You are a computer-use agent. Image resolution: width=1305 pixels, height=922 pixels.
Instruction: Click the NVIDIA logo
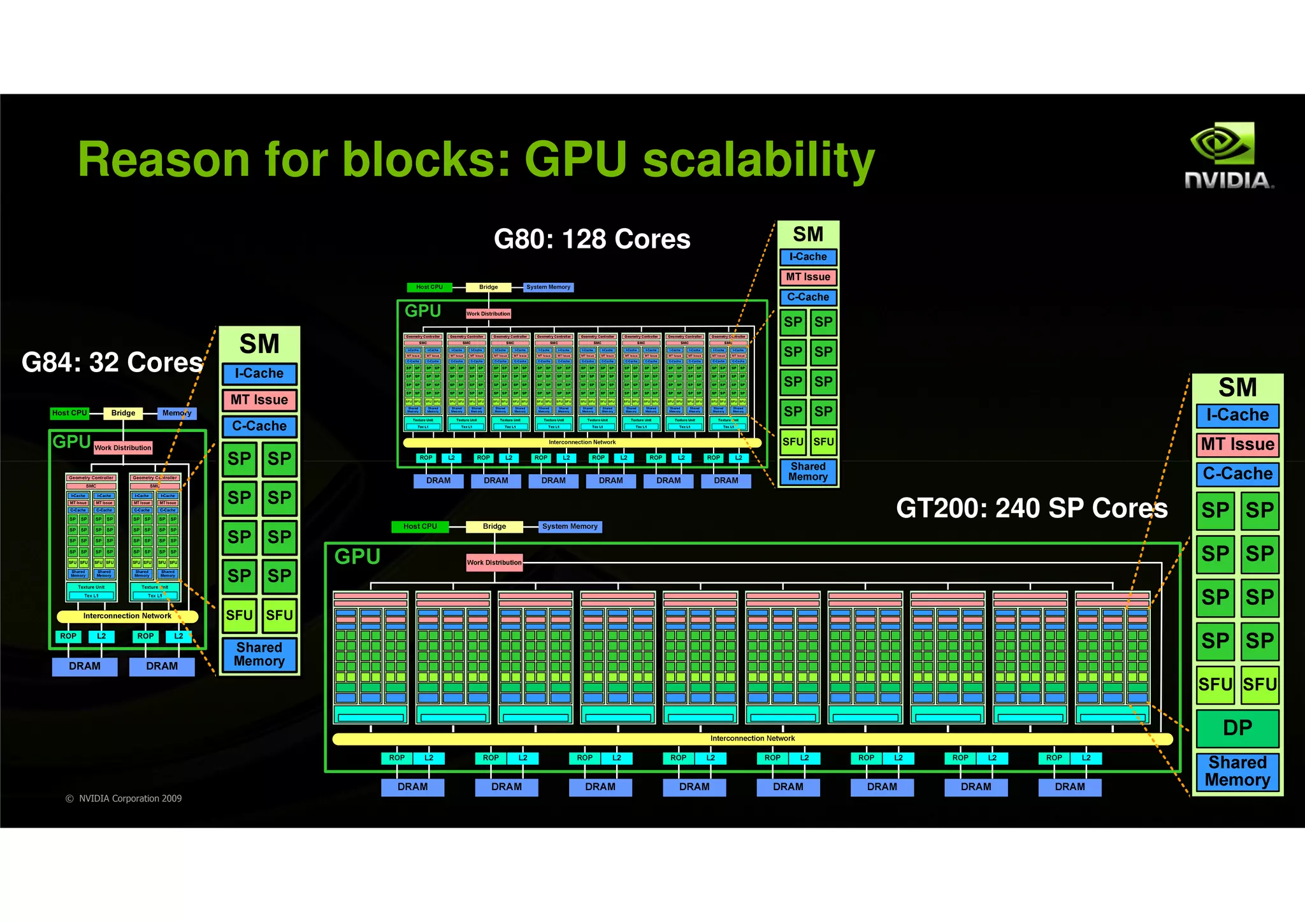[1229, 156]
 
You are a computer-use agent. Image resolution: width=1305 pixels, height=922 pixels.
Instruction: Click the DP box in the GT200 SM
[1237, 728]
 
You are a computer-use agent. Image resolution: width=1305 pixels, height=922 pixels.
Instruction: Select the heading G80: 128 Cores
[592, 240]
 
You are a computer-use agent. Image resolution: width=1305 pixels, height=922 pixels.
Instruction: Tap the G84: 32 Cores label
[112, 363]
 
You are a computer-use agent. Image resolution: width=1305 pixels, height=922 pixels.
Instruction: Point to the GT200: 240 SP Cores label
[1031, 508]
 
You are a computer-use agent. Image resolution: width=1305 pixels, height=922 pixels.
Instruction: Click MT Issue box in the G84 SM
[259, 400]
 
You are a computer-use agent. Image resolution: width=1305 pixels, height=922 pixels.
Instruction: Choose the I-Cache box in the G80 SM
[808, 257]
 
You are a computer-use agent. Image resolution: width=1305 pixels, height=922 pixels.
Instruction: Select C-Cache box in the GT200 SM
[1237, 474]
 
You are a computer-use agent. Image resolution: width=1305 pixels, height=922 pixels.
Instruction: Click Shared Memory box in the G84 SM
[259, 654]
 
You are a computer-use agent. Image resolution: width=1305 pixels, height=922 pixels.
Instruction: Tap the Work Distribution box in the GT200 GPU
[494, 563]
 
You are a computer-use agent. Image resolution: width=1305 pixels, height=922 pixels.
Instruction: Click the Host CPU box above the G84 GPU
[69, 413]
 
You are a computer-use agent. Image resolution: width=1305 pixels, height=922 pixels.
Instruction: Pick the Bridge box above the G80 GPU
[488, 287]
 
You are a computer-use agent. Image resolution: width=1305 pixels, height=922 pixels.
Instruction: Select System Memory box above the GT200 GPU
[570, 526]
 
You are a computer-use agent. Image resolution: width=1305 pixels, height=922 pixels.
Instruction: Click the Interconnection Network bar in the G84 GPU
[127, 616]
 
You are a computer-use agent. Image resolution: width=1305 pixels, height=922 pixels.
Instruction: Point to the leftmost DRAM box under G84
[85, 666]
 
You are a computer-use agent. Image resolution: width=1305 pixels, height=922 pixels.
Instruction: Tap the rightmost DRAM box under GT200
[1069, 787]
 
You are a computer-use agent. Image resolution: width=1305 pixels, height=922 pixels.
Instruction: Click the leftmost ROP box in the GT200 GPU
[397, 758]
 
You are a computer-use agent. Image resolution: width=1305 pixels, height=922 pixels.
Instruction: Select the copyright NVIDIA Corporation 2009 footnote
[124, 798]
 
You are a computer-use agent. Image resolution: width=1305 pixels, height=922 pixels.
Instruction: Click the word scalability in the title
[758, 161]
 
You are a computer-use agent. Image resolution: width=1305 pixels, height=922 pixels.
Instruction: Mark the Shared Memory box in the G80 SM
[808, 472]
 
